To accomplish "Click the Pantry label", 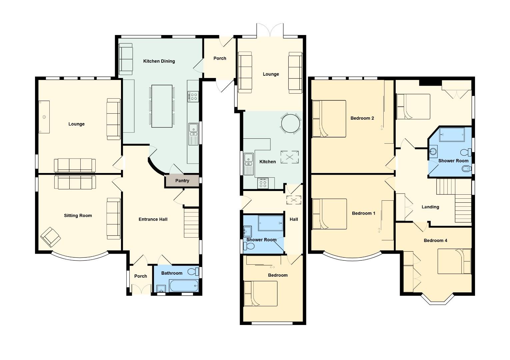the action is (x=182, y=181).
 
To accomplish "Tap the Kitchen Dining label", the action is (x=159, y=61).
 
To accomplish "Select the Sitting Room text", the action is (x=78, y=215).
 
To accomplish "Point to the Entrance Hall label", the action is (x=153, y=219).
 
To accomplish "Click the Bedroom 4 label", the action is (x=435, y=240).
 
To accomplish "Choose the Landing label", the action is (x=430, y=207).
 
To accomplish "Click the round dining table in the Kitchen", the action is (x=291, y=123).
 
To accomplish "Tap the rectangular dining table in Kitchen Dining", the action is (x=162, y=106).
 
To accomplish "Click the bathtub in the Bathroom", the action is (x=184, y=286).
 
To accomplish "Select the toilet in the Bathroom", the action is (x=193, y=271).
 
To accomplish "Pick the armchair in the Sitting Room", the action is (x=51, y=237).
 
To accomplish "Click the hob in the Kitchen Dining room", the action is (x=193, y=97).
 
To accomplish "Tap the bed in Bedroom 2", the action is (x=329, y=119).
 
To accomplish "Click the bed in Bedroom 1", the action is (x=329, y=214).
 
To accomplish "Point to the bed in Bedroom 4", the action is (x=454, y=261).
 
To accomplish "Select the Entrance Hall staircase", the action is (x=191, y=223).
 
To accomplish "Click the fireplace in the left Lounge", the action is (x=44, y=117).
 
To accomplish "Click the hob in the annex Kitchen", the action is (x=263, y=183).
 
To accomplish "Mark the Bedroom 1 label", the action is (x=363, y=213).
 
